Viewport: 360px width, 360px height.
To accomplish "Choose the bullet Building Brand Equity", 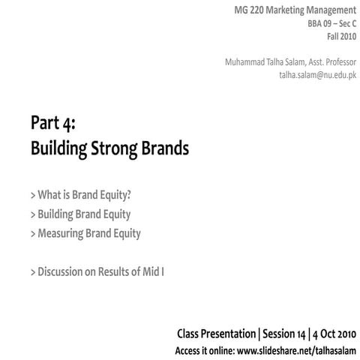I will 81,214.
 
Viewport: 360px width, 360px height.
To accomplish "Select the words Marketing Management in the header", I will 308,10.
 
